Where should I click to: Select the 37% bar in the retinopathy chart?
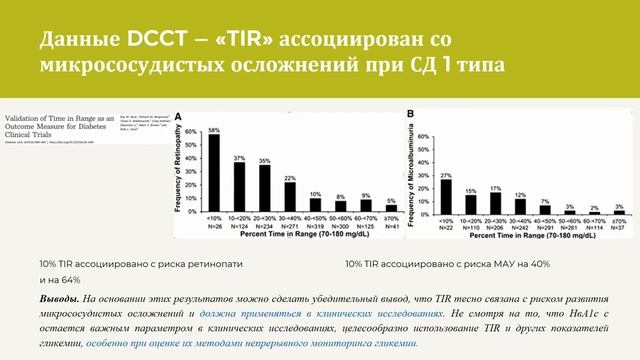(x=240, y=186)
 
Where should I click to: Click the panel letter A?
(x=180, y=116)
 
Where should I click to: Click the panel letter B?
(x=409, y=116)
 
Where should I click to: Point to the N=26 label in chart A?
(x=214, y=227)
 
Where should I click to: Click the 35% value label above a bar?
(x=265, y=160)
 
